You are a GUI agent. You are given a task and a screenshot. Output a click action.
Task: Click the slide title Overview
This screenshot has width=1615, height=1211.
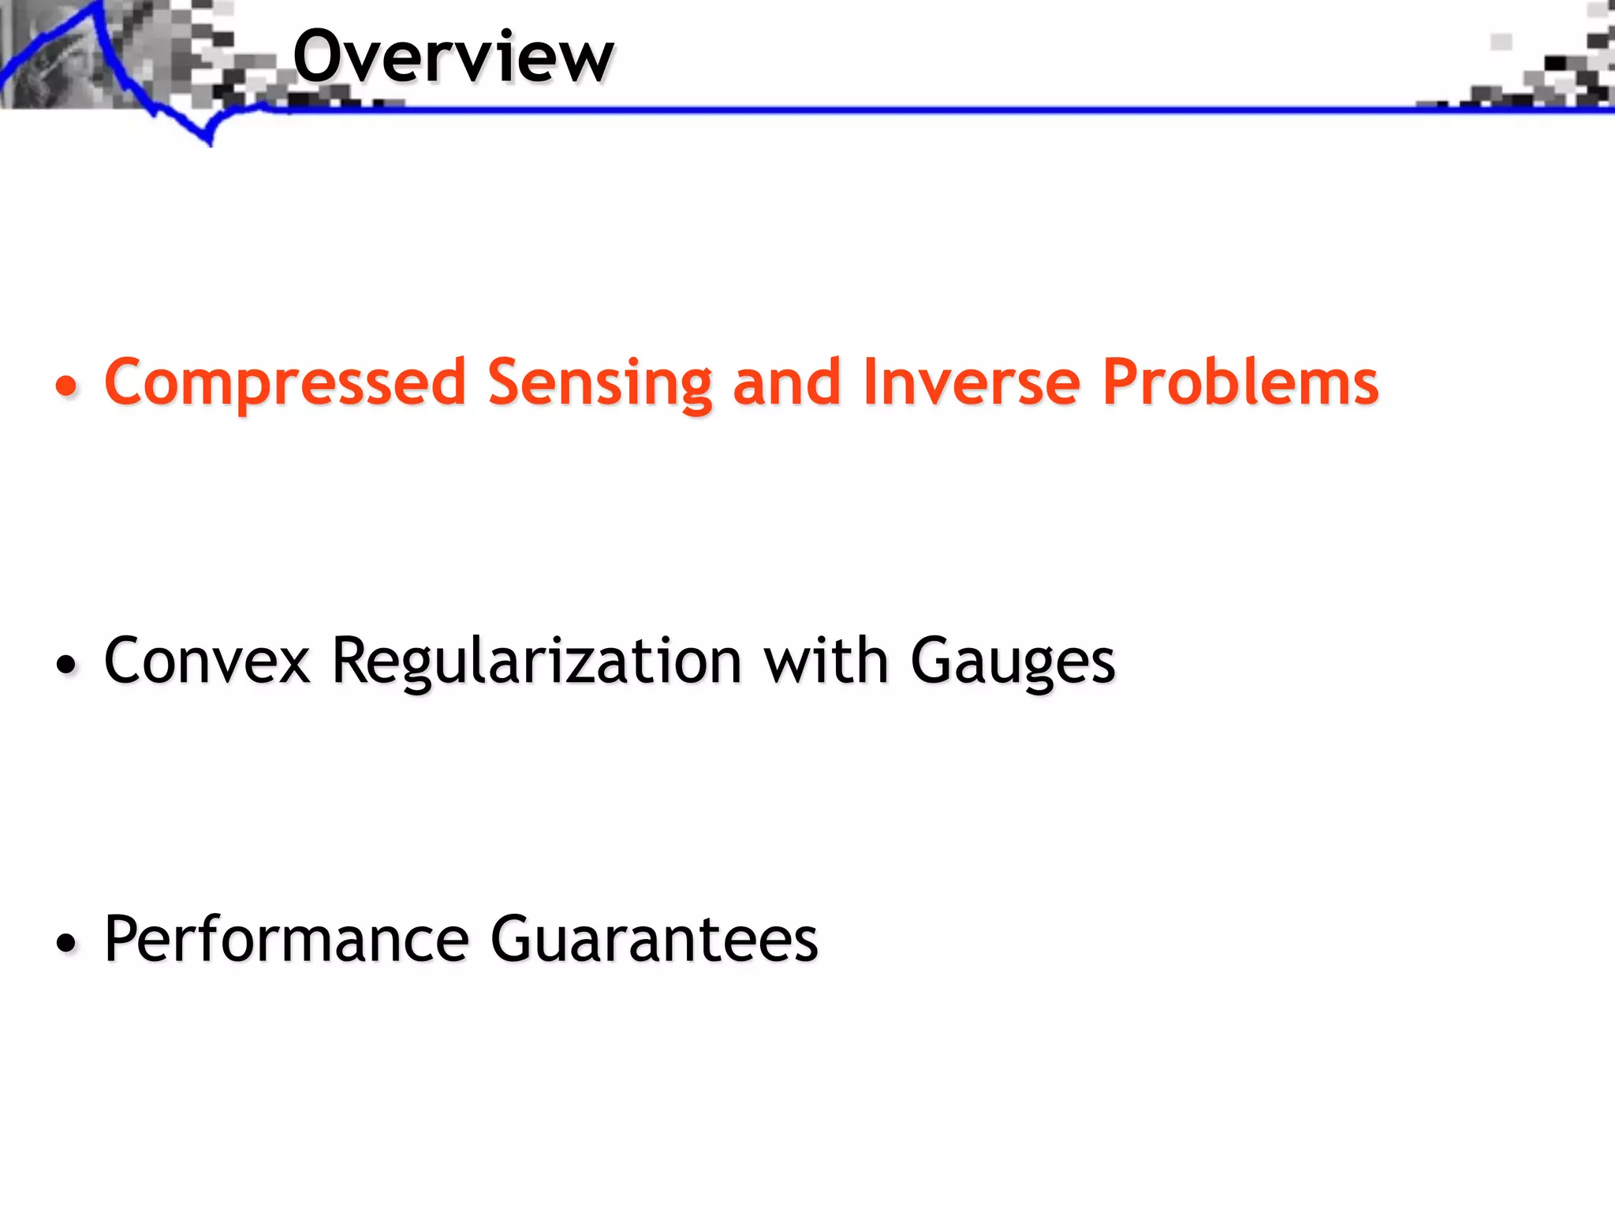453,57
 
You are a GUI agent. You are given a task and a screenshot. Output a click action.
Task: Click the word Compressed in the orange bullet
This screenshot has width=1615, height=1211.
285,383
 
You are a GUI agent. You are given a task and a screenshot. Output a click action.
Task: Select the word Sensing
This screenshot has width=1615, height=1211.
599,383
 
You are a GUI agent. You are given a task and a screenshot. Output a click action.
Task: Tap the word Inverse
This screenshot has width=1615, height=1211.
972,383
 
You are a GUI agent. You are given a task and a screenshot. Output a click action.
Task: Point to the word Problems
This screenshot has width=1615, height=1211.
1240,383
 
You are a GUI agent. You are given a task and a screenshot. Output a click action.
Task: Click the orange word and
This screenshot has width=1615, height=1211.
786,383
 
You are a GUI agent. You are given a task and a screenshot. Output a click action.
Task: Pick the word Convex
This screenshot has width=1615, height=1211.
207,661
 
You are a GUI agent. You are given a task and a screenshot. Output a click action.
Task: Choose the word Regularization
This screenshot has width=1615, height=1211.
536,661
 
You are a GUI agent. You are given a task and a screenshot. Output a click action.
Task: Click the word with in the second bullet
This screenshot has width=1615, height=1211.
826,661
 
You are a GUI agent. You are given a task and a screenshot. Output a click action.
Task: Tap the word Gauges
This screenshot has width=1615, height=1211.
1013,661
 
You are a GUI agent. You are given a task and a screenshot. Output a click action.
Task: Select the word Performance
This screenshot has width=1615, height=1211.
287,939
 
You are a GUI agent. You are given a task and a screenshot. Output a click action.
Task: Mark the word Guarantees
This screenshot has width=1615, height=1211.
655,939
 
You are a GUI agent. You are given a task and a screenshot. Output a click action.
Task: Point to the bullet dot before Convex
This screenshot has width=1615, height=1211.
68,665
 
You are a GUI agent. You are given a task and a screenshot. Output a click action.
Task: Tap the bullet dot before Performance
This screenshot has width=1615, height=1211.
68,943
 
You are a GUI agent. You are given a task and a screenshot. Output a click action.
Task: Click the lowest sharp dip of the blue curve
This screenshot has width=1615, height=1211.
210,143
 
